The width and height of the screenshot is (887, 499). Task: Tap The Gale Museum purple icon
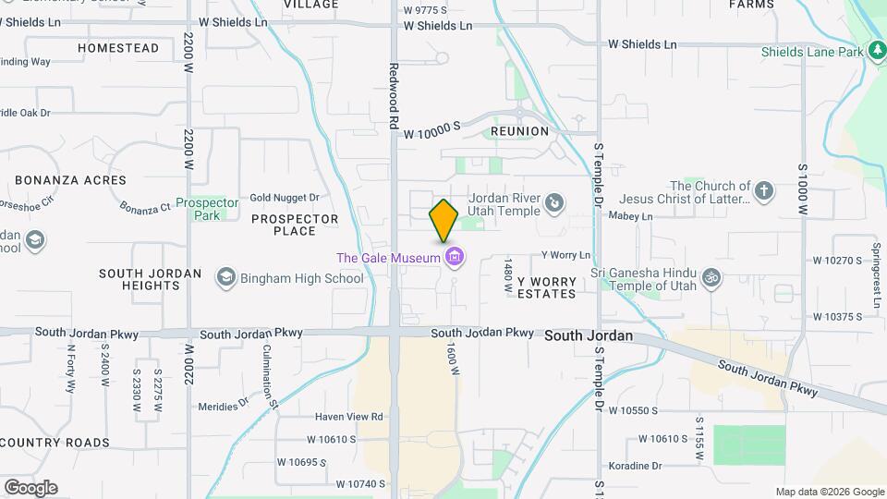(x=454, y=257)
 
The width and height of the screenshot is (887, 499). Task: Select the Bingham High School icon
(x=225, y=277)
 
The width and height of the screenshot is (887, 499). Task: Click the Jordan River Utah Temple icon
(x=553, y=202)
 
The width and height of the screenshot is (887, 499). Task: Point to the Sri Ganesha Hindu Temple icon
(x=711, y=275)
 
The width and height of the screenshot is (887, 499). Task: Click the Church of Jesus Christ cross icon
(x=763, y=191)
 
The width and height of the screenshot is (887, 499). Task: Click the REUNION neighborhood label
(x=519, y=131)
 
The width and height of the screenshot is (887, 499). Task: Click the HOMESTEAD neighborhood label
(x=118, y=48)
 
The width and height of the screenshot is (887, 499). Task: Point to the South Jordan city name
(x=589, y=335)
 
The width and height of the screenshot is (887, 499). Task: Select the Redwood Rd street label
(x=394, y=95)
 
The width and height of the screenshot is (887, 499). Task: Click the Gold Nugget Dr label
(x=284, y=198)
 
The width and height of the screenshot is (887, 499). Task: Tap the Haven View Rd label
(x=347, y=417)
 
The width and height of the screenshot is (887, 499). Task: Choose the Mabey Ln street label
(x=631, y=216)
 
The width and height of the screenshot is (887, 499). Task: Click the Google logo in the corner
(x=30, y=487)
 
